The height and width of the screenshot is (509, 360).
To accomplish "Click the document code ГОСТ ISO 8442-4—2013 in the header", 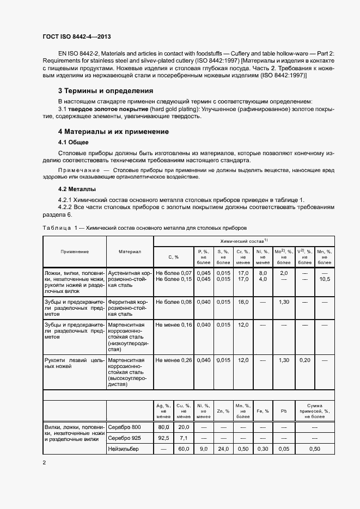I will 77,36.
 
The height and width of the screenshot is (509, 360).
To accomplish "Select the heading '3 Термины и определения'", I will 106,90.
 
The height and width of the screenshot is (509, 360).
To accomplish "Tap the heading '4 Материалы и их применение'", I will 113,132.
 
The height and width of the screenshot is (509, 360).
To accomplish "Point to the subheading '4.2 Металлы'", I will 77,189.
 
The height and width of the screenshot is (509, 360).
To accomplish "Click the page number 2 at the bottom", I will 44,462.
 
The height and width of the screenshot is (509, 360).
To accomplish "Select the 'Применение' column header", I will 75,252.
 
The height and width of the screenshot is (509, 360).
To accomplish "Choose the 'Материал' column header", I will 130,252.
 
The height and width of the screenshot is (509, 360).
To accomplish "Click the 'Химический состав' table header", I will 244,240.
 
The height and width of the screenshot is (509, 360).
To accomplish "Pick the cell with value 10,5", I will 325,279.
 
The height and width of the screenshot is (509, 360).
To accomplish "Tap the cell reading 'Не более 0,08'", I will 174,301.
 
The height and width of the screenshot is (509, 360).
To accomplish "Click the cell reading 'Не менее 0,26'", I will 174,360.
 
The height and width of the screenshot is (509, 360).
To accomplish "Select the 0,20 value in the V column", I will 304,360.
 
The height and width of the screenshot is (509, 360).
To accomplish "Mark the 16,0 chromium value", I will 243,301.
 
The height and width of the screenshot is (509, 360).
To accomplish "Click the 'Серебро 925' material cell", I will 124,437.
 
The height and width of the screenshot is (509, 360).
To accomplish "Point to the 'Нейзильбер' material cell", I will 124,449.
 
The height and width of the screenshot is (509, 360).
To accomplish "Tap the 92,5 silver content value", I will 163,437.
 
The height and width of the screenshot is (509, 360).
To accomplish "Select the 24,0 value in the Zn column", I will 223,449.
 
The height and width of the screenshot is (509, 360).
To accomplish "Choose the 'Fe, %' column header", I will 263,411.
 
